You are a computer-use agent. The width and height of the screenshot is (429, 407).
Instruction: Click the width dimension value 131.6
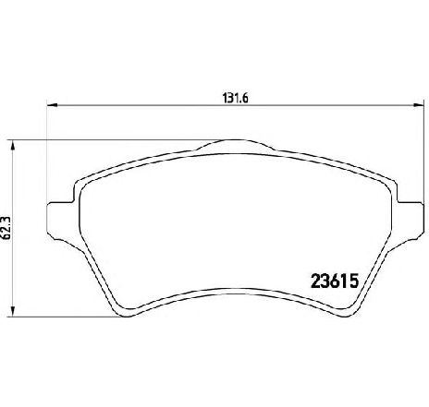click(236, 98)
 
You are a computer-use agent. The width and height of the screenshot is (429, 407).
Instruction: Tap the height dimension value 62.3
click(6, 228)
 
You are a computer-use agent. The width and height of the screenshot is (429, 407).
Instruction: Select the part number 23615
click(335, 281)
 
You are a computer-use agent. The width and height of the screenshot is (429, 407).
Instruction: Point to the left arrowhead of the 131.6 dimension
click(52, 105)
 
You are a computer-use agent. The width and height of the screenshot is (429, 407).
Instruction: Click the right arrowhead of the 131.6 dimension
click(418, 105)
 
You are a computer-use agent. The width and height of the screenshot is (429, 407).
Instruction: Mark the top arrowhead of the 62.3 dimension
click(13, 146)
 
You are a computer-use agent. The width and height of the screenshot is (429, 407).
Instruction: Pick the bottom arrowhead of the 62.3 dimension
click(13, 312)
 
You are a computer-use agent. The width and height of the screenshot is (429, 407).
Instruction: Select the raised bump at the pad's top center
click(235, 145)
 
